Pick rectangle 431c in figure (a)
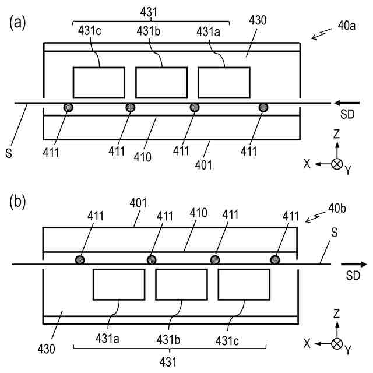[x=98, y=82]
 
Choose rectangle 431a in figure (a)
[x=224, y=82]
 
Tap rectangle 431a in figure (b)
[x=119, y=284]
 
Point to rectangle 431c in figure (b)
[x=244, y=284]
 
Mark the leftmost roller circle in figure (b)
[x=80, y=260]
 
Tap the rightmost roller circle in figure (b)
[x=275, y=260]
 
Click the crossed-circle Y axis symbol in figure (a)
[x=336, y=164]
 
